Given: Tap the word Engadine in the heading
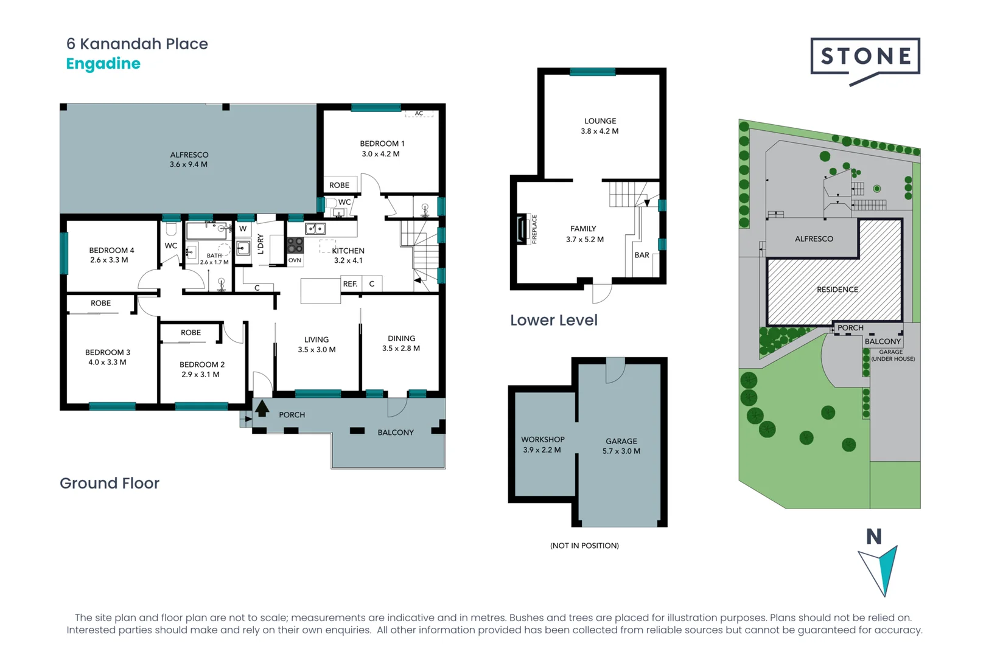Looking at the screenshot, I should [x=103, y=63].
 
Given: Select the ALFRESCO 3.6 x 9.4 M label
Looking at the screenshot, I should [x=189, y=159].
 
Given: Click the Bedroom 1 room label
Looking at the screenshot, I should [x=382, y=148].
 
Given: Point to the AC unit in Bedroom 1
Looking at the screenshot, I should [x=419, y=113].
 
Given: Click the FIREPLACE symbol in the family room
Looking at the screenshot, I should [x=522, y=229].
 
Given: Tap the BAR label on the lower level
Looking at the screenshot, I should [x=642, y=255].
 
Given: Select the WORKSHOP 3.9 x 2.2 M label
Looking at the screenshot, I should [x=542, y=444].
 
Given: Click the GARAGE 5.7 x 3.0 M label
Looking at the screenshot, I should [x=621, y=446].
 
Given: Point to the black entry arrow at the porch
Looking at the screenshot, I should [x=262, y=408].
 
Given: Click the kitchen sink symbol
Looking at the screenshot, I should [x=315, y=229].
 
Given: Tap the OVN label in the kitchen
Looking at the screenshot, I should [x=295, y=260].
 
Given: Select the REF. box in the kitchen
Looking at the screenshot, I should [x=350, y=284].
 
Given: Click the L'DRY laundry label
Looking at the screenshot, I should [x=260, y=243].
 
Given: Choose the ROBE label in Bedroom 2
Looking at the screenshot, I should [x=191, y=333].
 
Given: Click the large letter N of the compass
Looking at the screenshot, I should [x=874, y=537].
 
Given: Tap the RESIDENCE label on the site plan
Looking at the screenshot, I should [x=837, y=290].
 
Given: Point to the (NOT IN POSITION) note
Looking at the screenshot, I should [x=584, y=546].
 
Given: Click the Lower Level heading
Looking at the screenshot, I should [x=553, y=320].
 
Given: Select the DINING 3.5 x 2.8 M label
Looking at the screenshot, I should [x=401, y=343].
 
